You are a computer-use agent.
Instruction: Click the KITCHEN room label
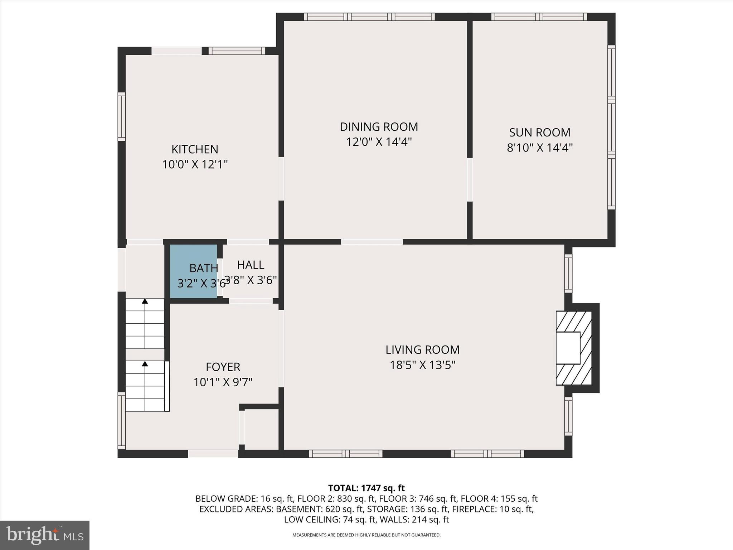coord(195,149)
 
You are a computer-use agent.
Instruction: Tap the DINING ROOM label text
coord(379,127)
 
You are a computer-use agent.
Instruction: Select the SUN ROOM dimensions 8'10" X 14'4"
coord(539,148)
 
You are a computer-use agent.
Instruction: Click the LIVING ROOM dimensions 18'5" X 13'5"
coord(422,365)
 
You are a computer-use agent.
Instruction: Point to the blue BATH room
coord(193,271)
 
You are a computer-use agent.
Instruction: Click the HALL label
coord(251,265)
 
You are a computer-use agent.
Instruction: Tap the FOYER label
coord(223,367)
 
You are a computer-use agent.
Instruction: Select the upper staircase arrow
coord(145,301)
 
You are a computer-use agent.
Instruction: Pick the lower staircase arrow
coord(145,364)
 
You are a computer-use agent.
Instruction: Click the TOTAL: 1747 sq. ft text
coord(366,488)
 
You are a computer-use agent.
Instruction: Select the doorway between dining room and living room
coord(372,242)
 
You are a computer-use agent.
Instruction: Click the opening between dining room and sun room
coord(470,180)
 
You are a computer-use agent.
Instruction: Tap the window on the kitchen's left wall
coord(122,116)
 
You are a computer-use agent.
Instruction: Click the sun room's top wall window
coord(539,17)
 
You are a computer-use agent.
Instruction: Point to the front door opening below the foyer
coord(213,454)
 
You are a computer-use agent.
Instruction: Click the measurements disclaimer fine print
coord(366,535)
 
